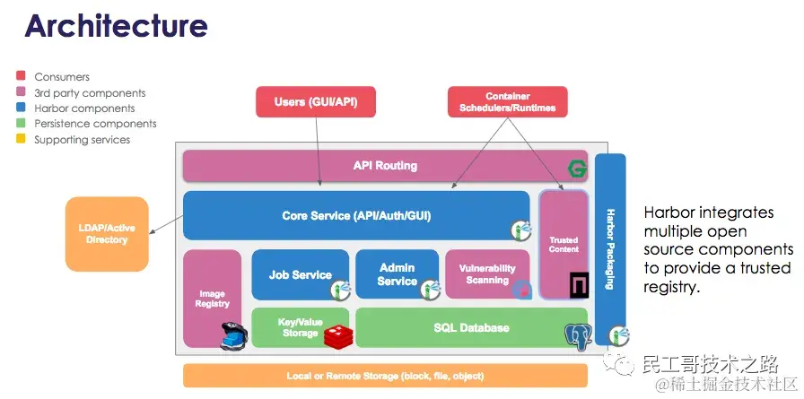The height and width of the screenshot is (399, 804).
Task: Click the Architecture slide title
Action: click(116, 25)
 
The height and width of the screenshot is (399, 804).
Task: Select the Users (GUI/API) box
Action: click(315, 102)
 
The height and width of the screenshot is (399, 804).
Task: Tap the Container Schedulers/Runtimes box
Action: click(507, 102)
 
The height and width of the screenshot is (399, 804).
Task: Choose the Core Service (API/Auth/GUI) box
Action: click(355, 215)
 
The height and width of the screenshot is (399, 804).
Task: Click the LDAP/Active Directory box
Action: click(107, 234)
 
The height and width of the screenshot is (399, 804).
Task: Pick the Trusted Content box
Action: click(564, 244)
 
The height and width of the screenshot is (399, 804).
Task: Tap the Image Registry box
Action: click(212, 298)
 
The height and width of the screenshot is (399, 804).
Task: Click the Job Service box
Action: click(300, 274)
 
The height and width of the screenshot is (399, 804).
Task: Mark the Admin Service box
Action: click(397, 274)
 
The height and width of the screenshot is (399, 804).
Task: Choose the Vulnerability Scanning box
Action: click(487, 273)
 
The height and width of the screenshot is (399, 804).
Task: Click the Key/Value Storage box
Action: click(300, 327)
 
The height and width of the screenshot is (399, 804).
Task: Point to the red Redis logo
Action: click(336, 336)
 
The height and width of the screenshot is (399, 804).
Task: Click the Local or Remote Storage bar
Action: click(385, 375)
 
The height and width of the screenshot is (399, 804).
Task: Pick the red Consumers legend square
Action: click(22, 77)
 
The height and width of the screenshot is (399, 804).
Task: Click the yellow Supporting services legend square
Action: click(22, 139)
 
